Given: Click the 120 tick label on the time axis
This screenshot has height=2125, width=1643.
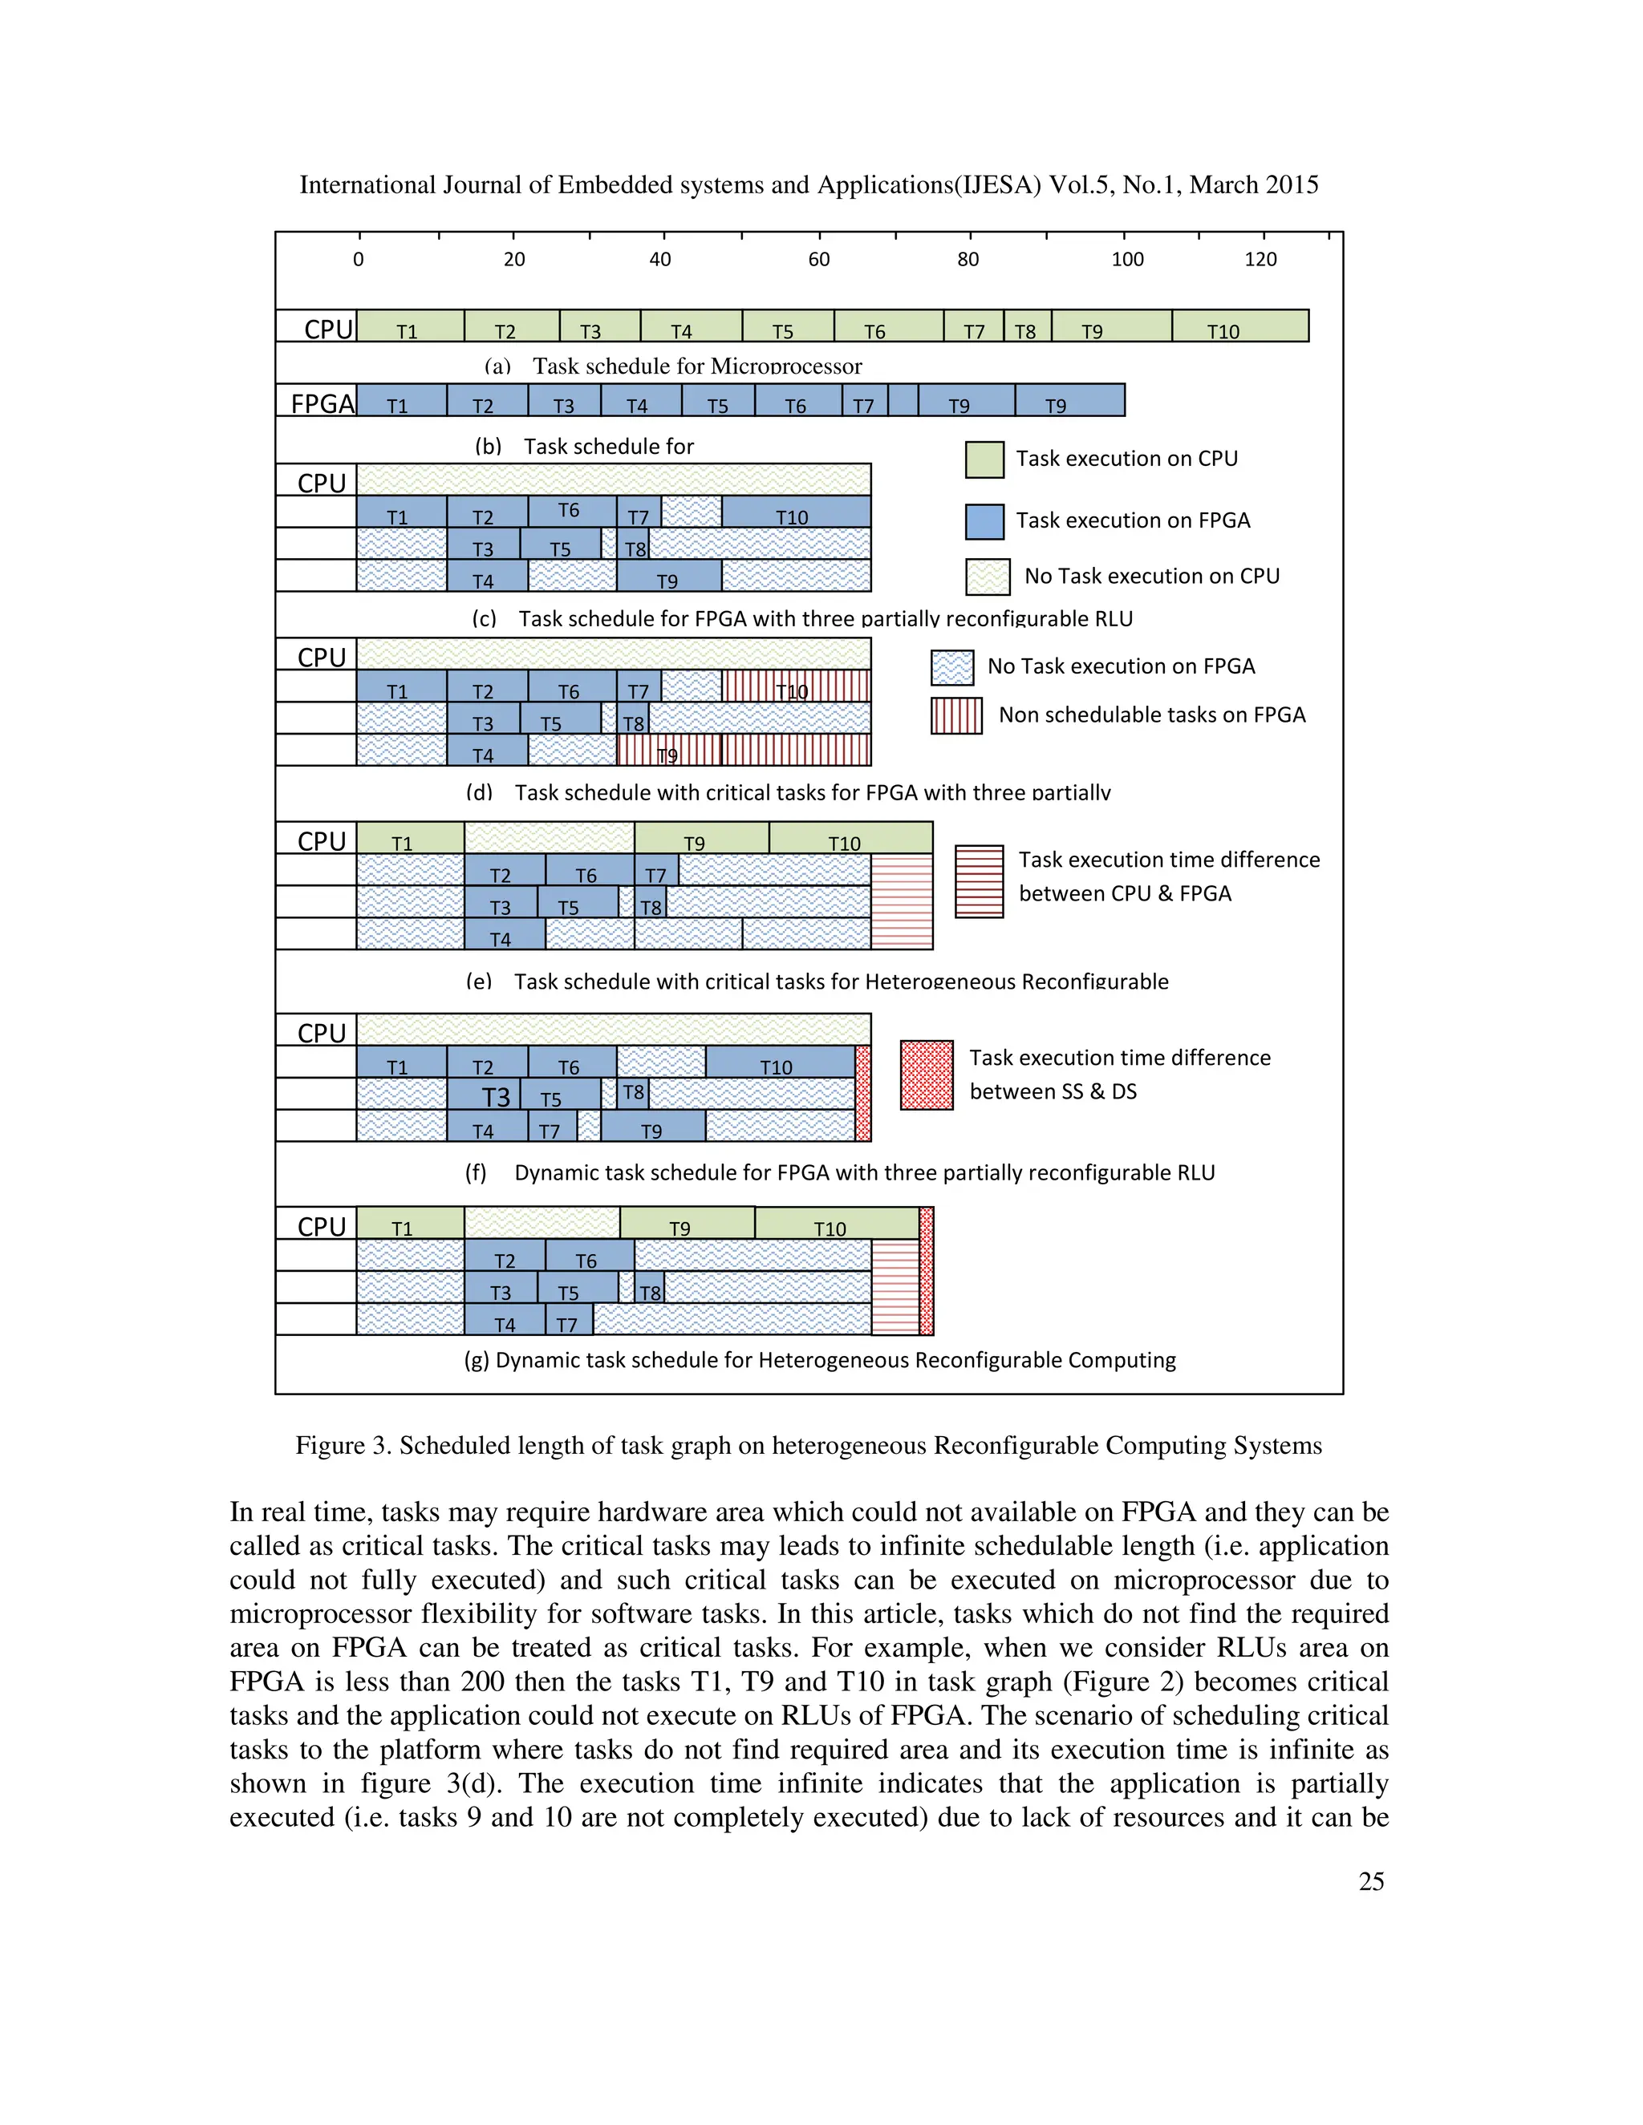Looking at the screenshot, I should [x=1260, y=259].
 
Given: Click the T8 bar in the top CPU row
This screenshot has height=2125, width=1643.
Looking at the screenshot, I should [x=1027, y=327].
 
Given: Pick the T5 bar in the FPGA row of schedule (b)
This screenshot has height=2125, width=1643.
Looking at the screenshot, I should [x=717, y=401].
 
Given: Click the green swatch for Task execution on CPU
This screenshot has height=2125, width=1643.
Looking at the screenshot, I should [x=984, y=460].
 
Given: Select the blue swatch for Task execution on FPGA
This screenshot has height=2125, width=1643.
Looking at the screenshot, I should [x=984, y=521].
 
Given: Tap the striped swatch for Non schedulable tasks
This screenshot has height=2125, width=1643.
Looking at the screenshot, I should [x=955, y=716].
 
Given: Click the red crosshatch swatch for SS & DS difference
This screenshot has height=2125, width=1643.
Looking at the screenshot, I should [x=927, y=1075].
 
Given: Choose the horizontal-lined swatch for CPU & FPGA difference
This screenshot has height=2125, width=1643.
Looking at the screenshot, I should [x=980, y=881].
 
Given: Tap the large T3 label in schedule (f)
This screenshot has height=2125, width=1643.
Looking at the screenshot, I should [x=496, y=1098].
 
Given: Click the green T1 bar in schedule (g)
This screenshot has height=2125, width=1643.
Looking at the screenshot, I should [x=410, y=1224].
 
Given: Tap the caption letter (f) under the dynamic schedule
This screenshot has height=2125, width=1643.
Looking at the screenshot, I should [x=475, y=1172].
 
